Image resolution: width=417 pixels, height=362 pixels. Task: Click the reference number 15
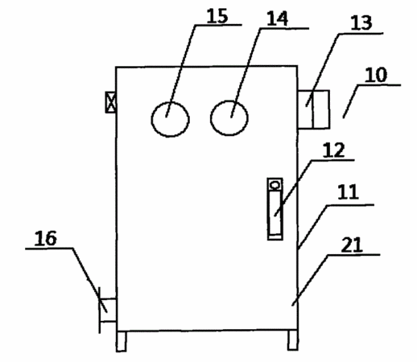click(217, 16)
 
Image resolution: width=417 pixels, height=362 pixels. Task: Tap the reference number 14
click(277, 19)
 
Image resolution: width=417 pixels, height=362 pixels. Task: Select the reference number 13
click(361, 23)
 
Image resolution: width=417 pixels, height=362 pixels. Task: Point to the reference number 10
click(376, 75)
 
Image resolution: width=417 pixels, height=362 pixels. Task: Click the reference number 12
click(333, 150)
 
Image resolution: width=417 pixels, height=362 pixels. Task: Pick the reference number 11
click(348, 191)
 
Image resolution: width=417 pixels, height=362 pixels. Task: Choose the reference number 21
click(352, 245)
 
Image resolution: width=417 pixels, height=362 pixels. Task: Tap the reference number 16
click(46, 238)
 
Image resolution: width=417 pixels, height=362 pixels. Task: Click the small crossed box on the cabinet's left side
click(110, 102)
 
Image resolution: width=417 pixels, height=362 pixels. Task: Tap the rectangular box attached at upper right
click(314, 109)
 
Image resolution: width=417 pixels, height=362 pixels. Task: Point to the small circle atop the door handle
click(275, 185)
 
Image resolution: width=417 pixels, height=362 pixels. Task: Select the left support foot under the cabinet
click(122, 341)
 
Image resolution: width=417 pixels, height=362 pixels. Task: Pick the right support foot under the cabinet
click(293, 340)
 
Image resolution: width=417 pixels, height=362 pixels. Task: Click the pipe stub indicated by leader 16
click(108, 310)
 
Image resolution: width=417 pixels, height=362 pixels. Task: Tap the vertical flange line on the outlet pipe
click(100, 311)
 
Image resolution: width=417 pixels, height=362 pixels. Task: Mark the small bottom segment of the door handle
click(275, 237)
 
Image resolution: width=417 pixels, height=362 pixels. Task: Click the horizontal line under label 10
click(379, 85)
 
